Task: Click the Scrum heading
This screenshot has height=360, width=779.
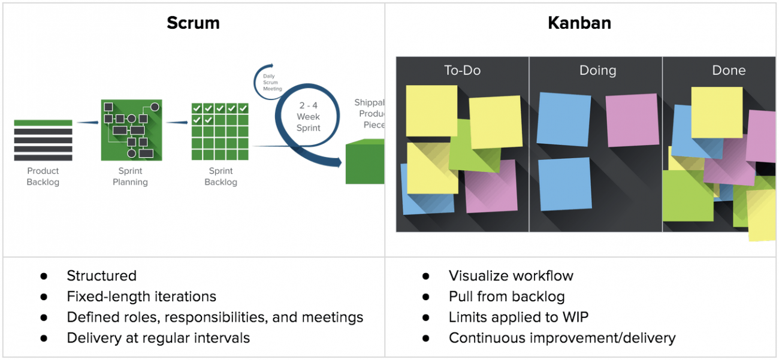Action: point(193,23)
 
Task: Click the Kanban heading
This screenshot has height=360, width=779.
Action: point(579,23)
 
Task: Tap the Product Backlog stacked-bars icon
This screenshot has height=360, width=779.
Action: point(43,140)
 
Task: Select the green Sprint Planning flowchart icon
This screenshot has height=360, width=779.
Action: point(130,131)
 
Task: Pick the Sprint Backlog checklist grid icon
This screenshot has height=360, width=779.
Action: point(220,131)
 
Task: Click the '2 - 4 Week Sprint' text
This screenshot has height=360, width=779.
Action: point(309,117)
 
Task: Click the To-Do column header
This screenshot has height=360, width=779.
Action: point(462,70)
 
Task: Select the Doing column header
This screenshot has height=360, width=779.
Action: point(597,70)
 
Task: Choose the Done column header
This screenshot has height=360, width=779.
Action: point(729,70)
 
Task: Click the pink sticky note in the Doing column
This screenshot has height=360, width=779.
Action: point(632,120)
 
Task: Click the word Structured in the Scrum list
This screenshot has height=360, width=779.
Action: point(102,276)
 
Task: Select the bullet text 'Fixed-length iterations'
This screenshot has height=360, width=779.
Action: point(141,297)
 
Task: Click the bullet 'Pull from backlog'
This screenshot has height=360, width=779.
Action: point(506,297)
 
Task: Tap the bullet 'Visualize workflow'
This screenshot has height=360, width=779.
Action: point(511,276)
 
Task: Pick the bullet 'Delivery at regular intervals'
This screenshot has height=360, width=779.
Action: point(158,338)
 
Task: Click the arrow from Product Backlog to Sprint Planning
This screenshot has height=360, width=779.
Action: point(87,123)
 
